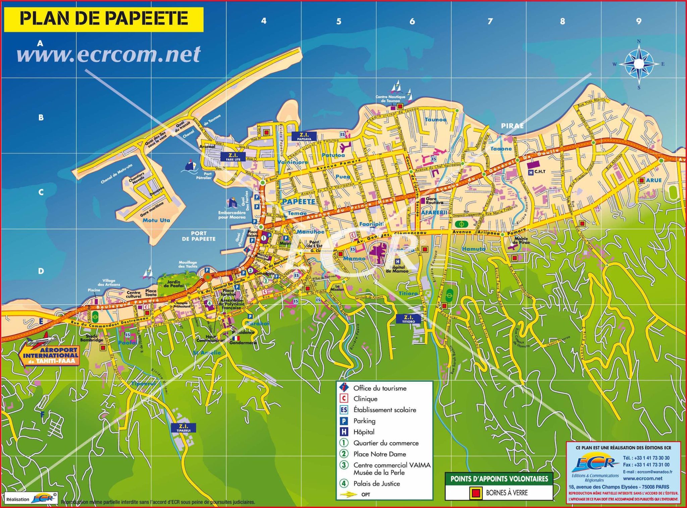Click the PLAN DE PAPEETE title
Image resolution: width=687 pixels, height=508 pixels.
(x=104, y=18)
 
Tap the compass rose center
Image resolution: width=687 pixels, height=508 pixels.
(x=639, y=64)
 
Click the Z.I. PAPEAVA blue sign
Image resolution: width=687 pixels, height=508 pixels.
(x=304, y=136)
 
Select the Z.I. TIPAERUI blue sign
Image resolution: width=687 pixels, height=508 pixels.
(x=183, y=428)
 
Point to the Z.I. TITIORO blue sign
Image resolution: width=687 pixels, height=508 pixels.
(x=408, y=319)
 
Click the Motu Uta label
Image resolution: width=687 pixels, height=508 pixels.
(x=156, y=220)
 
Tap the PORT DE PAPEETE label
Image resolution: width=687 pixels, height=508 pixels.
(x=199, y=236)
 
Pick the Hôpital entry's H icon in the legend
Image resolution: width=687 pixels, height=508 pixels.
(x=344, y=432)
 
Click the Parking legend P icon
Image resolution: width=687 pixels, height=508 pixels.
(x=344, y=421)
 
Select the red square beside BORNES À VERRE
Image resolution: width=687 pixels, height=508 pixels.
(x=475, y=493)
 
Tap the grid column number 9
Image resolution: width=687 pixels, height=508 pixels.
(x=639, y=21)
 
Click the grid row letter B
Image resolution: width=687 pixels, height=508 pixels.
(x=41, y=118)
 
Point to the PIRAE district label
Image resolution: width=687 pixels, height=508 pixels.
(x=512, y=126)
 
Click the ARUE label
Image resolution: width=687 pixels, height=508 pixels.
(x=653, y=180)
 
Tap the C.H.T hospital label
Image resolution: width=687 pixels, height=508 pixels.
(x=540, y=172)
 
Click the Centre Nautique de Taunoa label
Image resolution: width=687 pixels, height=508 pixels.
(x=390, y=99)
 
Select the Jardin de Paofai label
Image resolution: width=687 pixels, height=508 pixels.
(x=174, y=284)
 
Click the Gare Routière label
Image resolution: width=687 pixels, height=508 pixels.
(x=434, y=201)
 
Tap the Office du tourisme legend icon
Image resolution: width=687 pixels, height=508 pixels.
(x=344, y=387)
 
